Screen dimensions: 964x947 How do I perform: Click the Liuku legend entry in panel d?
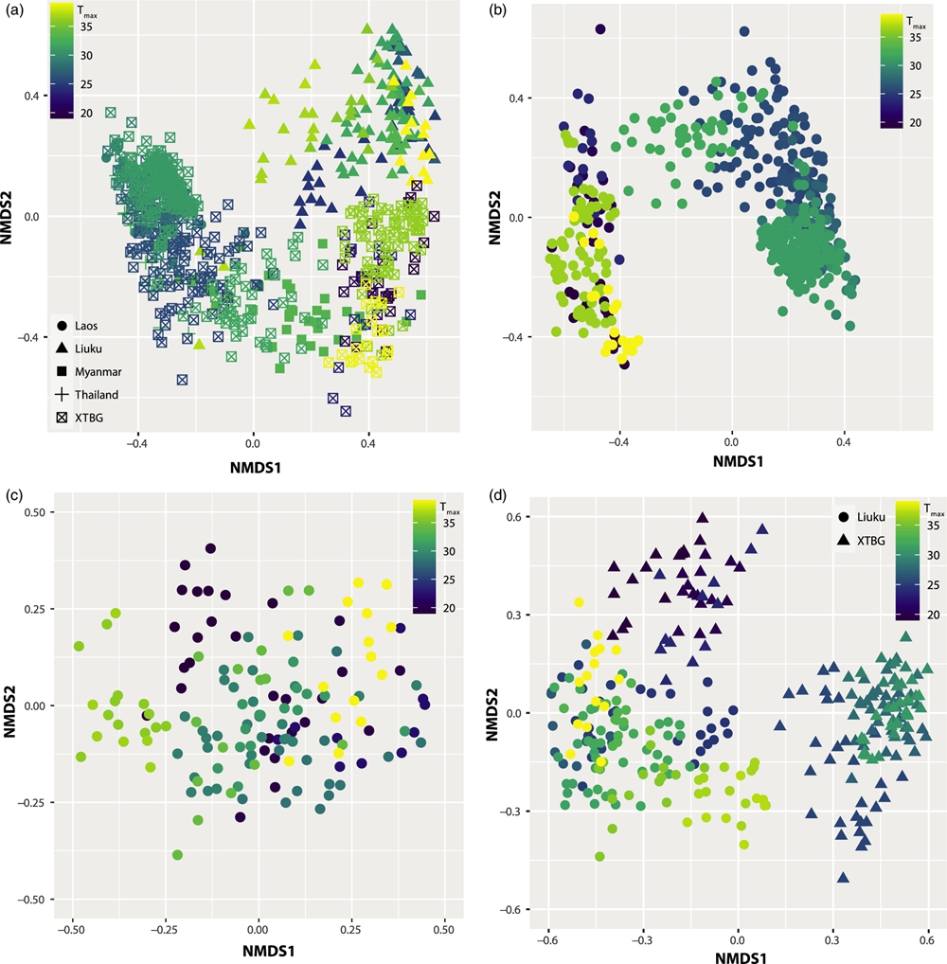[859, 517]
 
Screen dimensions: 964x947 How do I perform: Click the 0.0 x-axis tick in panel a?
[253, 442]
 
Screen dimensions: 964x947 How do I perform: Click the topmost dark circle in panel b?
[600, 29]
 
